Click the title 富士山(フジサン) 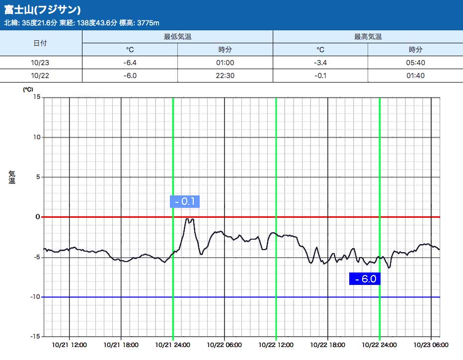[43, 10]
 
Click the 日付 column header [40, 43]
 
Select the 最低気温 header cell [177, 37]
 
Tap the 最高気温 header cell [368, 37]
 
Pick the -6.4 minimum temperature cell [130, 63]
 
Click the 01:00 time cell [225, 63]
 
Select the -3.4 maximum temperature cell [320, 63]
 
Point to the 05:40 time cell [415, 63]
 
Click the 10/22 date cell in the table [40, 76]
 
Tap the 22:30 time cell [225, 76]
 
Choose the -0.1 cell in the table [320, 76]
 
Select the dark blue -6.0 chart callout [365, 279]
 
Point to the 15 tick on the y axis [37, 97]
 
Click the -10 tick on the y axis [35, 297]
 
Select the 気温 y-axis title [12, 177]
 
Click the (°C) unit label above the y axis [28, 90]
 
